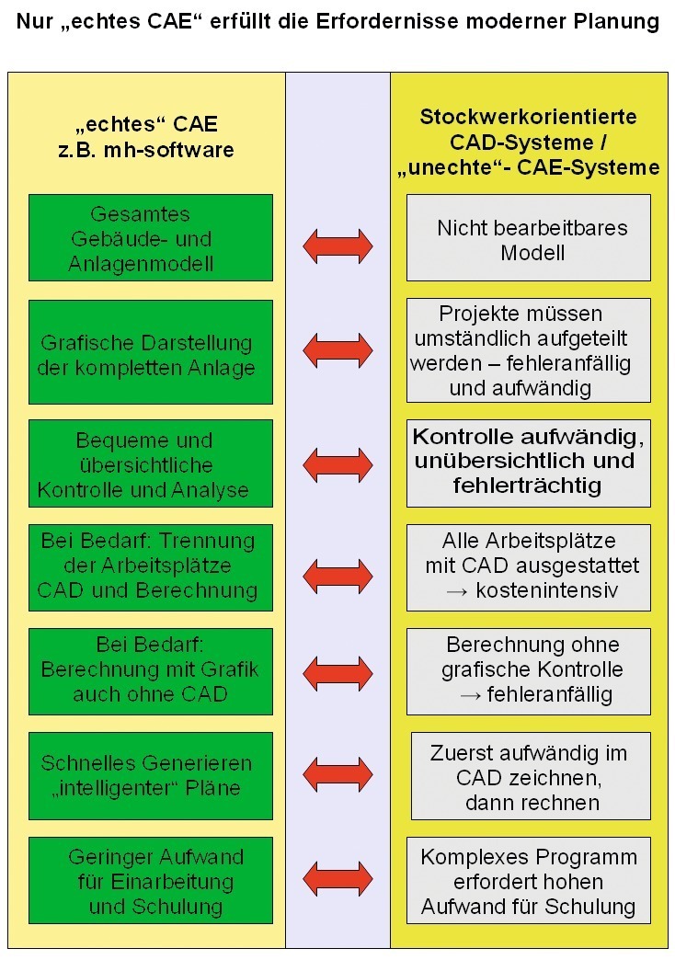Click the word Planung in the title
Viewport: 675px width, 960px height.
(x=616, y=22)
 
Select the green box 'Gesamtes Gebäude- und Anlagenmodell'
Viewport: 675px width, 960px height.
(x=151, y=238)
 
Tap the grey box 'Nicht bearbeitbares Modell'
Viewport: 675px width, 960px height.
(x=529, y=238)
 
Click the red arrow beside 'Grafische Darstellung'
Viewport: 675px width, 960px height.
(x=337, y=350)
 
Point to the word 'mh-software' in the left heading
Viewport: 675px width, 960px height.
(x=169, y=150)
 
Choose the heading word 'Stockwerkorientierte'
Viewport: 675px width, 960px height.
(x=528, y=117)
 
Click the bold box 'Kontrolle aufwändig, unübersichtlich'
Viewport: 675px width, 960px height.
(x=529, y=463)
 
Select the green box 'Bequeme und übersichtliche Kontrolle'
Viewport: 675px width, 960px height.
(x=151, y=463)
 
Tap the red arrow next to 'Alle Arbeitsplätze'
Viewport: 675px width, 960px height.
(x=337, y=577)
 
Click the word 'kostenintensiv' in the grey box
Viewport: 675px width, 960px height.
(x=546, y=591)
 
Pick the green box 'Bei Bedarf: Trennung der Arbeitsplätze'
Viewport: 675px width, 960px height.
(x=151, y=567)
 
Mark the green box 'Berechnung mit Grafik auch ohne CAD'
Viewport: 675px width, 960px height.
(x=151, y=671)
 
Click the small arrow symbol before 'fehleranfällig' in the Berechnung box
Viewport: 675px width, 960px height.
(x=470, y=696)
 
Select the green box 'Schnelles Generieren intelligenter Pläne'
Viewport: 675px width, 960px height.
(x=151, y=776)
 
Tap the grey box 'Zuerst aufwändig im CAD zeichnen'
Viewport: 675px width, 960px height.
(x=531, y=776)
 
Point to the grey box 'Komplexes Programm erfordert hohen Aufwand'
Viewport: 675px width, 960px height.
(x=529, y=880)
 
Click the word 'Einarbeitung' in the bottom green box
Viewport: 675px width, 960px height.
(x=173, y=882)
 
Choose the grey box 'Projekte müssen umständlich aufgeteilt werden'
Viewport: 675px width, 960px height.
(x=529, y=350)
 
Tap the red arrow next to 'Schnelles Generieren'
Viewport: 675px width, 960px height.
(x=337, y=774)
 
